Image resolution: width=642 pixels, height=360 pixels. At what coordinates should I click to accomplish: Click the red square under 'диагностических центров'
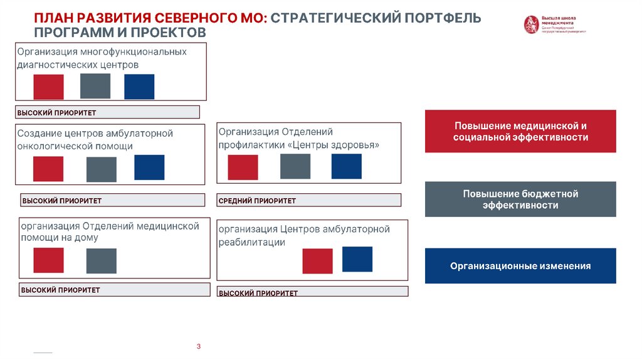[x=48, y=87]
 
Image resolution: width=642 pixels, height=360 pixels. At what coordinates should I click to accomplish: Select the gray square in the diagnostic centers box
[x=95, y=86]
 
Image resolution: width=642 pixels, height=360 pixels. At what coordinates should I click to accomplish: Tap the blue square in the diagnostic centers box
[x=139, y=87]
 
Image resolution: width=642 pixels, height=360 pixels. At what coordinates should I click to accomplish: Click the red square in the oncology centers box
[x=48, y=169]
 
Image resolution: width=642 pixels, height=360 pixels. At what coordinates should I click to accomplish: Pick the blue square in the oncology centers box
[x=149, y=167]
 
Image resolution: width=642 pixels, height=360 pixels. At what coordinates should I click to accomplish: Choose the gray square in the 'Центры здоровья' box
[x=295, y=166]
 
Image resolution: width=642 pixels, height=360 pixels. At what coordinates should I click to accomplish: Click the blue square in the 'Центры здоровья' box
[x=346, y=166]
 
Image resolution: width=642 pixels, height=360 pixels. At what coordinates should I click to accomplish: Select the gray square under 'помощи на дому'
[x=102, y=261]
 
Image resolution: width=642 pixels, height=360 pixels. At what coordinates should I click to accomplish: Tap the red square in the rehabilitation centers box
[x=317, y=261]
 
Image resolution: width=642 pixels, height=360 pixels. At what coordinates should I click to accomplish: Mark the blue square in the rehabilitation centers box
[x=357, y=259]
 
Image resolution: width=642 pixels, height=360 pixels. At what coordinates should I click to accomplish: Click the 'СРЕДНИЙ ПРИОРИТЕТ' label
[x=258, y=201]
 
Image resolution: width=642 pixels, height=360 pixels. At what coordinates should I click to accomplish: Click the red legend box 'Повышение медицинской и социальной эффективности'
[x=520, y=131]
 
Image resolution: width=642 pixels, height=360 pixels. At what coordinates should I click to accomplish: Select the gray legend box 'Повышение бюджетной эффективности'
[x=520, y=199]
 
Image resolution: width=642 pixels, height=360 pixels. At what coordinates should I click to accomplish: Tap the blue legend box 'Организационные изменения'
[x=520, y=266]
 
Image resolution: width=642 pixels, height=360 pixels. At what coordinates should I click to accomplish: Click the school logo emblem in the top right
[x=531, y=24]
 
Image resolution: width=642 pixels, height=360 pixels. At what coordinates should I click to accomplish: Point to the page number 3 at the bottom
[x=198, y=347]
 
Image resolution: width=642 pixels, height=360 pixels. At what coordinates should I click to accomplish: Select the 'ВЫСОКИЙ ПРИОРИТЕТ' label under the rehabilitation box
[x=258, y=293]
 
